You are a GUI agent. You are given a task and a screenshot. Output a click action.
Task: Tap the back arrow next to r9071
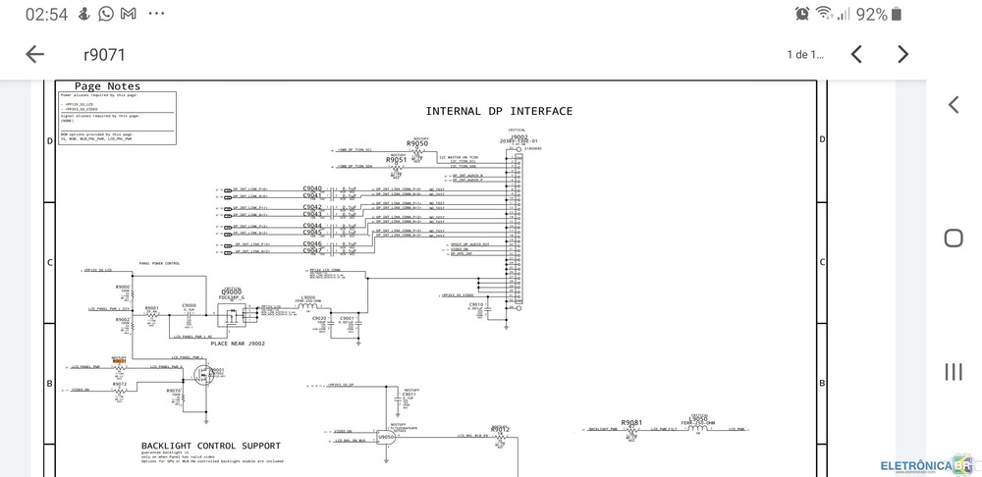[34, 54]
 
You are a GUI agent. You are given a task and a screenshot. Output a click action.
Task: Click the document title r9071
[104, 55]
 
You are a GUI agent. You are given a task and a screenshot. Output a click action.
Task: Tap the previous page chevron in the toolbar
[856, 54]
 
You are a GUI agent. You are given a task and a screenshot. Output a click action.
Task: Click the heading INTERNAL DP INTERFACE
[499, 111]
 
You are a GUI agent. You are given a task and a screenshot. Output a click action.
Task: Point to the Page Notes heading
[107, 86]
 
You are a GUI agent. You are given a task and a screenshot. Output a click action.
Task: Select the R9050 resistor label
[417, 143]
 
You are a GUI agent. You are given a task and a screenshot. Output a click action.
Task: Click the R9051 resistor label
[396, 159]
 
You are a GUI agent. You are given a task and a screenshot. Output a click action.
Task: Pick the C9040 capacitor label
[312, 187]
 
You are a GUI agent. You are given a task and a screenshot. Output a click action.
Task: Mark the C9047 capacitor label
[312, 251]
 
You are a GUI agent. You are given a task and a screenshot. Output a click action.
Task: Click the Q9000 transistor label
[232, 291]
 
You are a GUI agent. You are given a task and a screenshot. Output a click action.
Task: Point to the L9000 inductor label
[308, 297]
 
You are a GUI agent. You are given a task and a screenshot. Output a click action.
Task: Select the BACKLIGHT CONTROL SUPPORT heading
[211, 446]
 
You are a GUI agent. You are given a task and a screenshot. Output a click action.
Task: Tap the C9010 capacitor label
[476, 304]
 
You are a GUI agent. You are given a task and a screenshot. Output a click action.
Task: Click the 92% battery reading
[871, 14]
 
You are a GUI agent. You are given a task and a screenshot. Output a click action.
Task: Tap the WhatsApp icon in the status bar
[106, 14]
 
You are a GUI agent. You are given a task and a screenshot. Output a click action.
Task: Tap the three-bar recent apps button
[953, 371]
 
